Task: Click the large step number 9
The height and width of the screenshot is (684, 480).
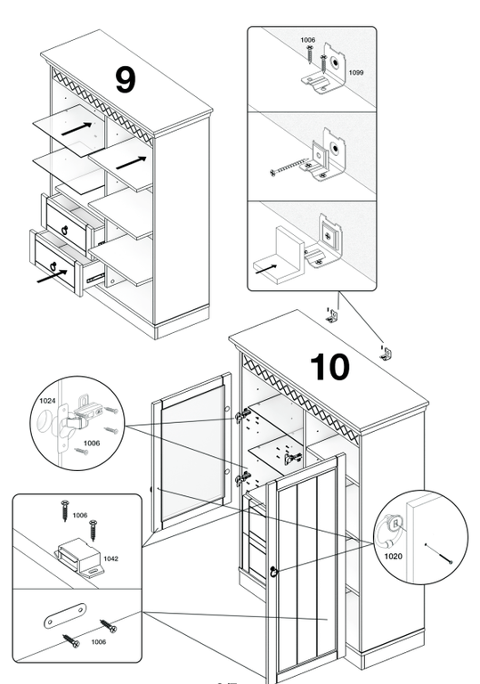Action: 126,80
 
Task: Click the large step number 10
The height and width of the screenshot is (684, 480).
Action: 329,367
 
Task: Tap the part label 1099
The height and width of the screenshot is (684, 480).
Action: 355,72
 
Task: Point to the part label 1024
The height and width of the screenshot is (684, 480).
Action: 47,401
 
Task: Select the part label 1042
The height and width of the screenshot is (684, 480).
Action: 110,558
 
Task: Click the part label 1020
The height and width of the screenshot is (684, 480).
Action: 393,556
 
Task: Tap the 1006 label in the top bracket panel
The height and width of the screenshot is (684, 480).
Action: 307,40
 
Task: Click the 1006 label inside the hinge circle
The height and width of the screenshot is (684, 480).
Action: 92,444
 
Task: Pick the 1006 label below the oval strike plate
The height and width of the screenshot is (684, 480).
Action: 99,641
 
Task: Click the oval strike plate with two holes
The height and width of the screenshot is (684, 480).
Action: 65,615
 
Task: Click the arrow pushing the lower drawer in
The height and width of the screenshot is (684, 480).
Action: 52,276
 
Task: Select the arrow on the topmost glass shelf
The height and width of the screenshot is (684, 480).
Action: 77,128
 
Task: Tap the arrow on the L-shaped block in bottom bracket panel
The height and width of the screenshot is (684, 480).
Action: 265,269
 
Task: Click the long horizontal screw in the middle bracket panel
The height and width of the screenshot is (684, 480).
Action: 289,168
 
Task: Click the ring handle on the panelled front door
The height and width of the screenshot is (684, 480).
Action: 273,572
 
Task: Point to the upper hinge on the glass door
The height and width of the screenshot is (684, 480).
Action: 243,416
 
